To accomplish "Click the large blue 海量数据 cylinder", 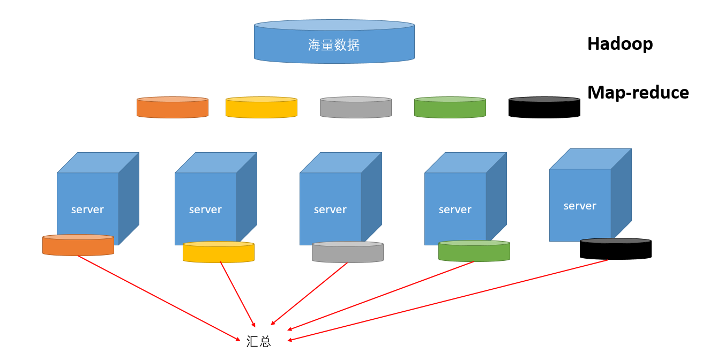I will (x=334, y=44).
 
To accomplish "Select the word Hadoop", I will (x=619, y=43).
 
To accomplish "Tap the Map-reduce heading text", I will (x=638, y=92).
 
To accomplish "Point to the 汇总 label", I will (x=259, y=342).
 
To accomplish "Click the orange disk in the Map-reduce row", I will (x=173, y=108).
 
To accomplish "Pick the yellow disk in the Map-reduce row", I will (x=262, y=108).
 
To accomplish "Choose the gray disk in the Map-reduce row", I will (x=355, y=108).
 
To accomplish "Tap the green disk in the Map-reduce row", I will (x=450, y=108).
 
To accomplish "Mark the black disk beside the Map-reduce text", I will (x=544, y=108).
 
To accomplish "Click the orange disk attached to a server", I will (x=78, y=245).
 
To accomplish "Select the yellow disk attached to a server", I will (x=219, y=252).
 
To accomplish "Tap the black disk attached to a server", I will (x=616, y=249).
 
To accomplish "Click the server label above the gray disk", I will (x=330, y=209).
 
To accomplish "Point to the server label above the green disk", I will (x=455, y=209).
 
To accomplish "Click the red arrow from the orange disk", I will (x=158, y=298).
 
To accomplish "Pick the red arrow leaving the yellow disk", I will (x=237, y=293).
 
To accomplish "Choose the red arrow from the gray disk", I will (x=310, y=294).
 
